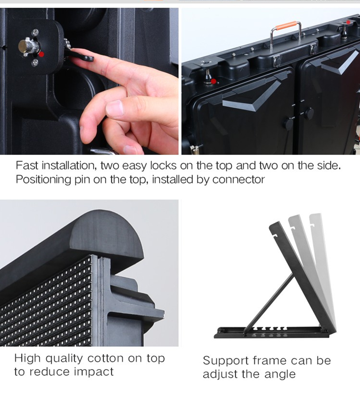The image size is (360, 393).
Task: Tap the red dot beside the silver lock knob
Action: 42,54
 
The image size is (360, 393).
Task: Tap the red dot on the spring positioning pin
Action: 213,81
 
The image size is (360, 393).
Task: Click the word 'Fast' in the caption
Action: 27,165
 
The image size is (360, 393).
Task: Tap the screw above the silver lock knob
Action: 36,32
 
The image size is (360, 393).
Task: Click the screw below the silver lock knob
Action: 35,63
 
